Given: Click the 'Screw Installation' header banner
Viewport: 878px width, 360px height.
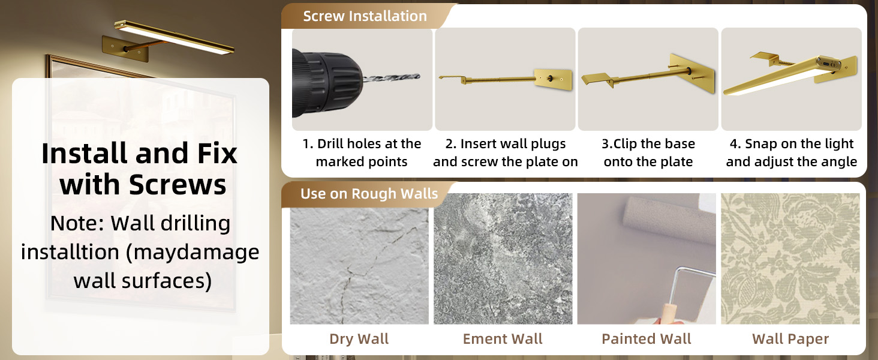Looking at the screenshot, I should click(365, 16).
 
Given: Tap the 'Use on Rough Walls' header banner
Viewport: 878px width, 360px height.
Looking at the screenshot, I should click(369, 194).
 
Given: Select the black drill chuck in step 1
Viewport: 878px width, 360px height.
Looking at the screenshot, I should click(327, 82).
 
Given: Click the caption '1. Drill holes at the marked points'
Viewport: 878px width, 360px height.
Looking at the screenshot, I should click(362, 152).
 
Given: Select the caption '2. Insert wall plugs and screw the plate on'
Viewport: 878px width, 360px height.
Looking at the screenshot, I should click(505, 152).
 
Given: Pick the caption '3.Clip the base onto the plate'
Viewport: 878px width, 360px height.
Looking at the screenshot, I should click(648, 152).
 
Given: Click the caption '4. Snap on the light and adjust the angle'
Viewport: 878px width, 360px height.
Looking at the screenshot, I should click(791, 152).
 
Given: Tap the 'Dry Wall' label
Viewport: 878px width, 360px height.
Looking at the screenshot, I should click(359, 339).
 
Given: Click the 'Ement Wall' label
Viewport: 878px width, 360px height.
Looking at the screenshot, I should click(503, 339).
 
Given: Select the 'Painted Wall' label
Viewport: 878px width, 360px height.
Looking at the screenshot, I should click(647, 339).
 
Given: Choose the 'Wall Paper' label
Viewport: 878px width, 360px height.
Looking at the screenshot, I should click(790, 339).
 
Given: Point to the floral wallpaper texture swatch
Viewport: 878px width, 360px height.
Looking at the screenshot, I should click(790, 258).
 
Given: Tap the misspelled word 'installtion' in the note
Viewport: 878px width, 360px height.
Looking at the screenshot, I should click(70, 252).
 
